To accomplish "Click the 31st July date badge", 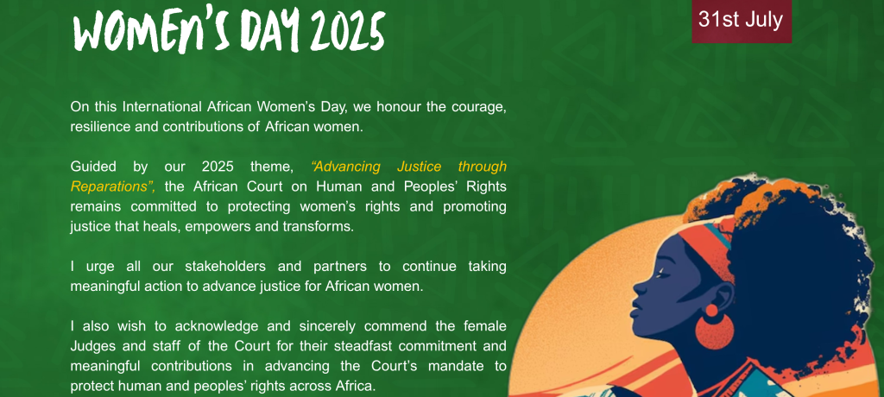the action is pos(742,21).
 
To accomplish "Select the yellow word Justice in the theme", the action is pos(419,167).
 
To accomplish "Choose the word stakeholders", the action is pos(234,266).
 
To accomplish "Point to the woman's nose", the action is pos(639,288).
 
